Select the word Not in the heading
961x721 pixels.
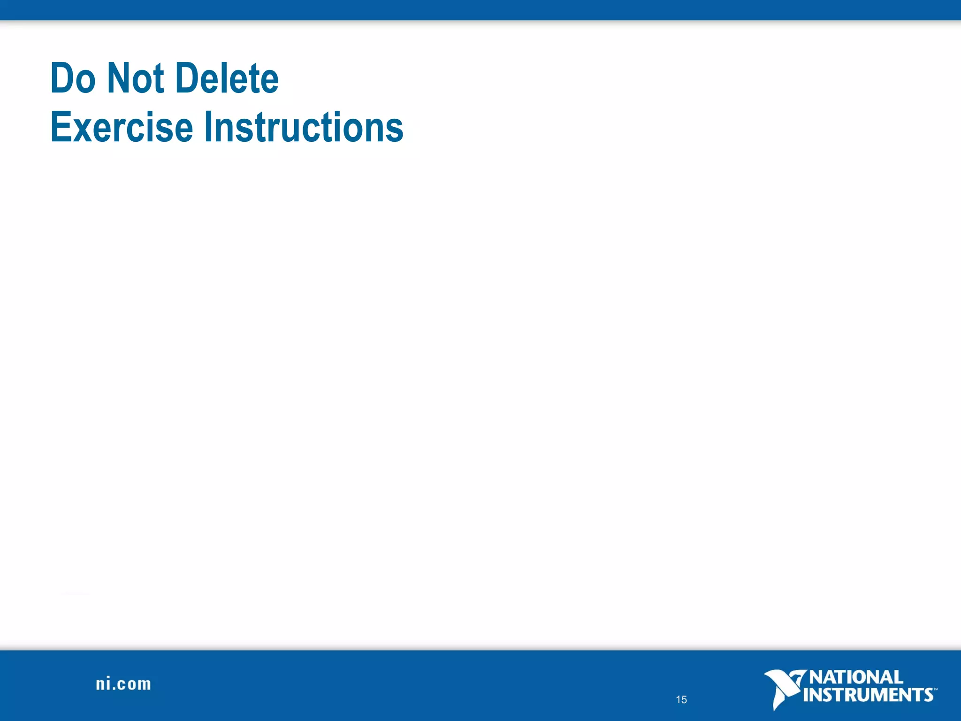(x=135, y=78)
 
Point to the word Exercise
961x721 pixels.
(x=122, y=127)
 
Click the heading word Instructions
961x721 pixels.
(x=304, y=127)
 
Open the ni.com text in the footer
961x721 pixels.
(x=123, y=684)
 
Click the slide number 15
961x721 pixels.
(x=681, y=700)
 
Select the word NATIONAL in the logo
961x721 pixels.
(x=856, y=677)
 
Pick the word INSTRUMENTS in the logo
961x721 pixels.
(x=868, y=695)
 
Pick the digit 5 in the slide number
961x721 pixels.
(x=684, y=700)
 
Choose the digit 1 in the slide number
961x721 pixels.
(x=678, y=700)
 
